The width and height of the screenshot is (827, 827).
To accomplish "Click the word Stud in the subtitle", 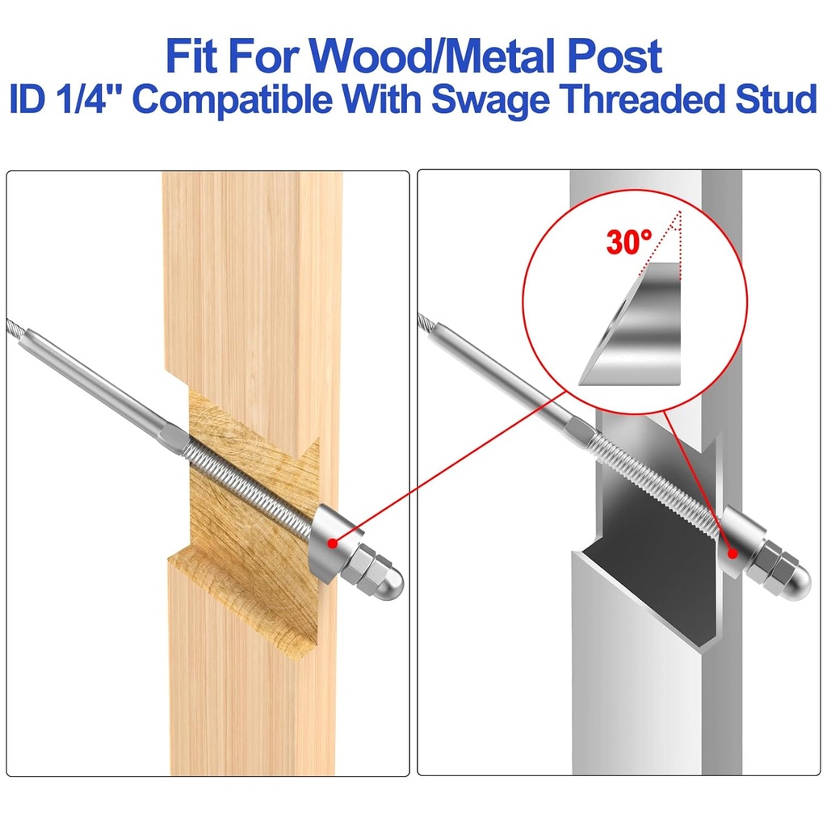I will (776, 100).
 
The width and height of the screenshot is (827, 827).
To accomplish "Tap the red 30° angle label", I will (629, 241).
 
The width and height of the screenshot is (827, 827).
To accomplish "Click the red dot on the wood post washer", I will (330, 544).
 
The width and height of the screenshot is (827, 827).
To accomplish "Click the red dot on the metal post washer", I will (732, 554).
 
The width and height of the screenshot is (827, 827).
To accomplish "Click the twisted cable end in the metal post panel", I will (428, 323).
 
